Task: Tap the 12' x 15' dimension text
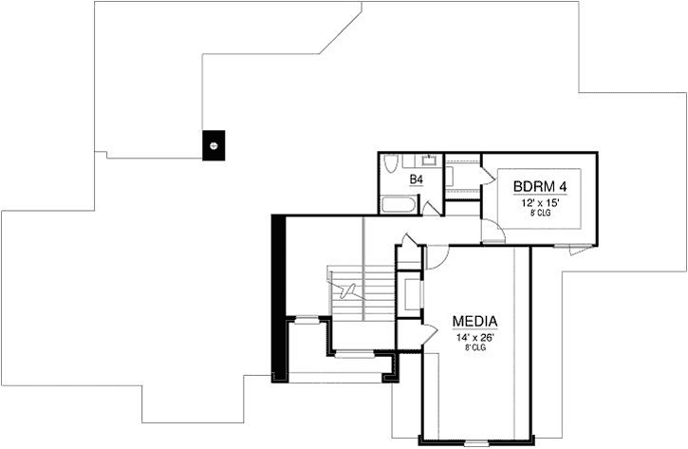(539, 202)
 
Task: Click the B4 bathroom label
(416, 179)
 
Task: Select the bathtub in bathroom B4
(397, 204)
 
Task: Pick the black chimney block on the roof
(214, 145)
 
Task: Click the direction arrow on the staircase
(343, 286)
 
